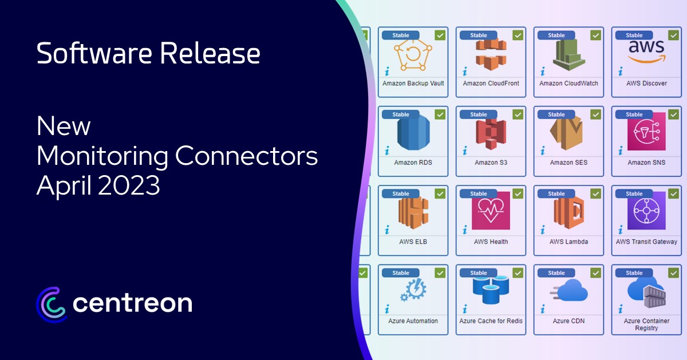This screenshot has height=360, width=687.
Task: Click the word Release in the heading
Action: click(210, 53)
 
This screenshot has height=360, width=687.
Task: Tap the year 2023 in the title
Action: click(129, 185)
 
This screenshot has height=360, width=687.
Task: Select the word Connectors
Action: click(246, 156)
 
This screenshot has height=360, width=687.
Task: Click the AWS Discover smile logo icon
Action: click(646, 51)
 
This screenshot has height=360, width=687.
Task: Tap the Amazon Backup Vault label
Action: click(413, 83)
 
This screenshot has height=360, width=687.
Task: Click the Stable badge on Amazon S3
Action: click(478, 114)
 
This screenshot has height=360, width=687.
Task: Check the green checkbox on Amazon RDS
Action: click(440, 114)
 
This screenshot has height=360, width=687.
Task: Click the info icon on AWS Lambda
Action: click(543, 230)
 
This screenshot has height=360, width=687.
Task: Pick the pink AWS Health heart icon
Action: click(491, 211)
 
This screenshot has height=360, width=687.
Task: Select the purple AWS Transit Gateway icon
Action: click(646, 211)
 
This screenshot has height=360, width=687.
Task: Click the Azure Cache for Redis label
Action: click(491, 321)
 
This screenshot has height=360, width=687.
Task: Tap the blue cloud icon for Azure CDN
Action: click(569, 290)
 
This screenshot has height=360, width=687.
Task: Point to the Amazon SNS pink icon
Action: click(646, 131)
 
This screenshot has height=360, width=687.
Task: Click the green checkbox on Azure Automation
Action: click(440, 272)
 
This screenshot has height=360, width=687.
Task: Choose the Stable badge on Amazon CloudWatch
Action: click(556, 35)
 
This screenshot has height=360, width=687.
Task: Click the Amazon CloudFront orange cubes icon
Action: click(491, 54)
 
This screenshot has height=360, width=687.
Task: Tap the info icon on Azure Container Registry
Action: click(621, 308)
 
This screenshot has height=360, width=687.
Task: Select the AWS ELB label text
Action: click(413, 242)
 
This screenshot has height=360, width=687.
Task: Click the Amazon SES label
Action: click(568, 163)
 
